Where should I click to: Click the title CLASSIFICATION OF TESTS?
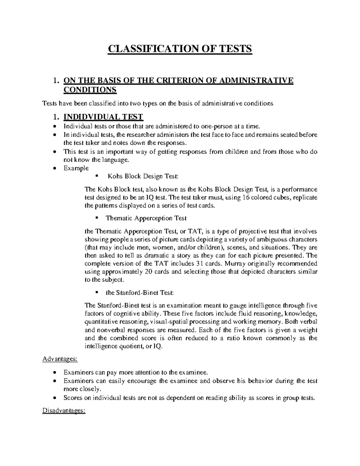pyautogui.click(x=180, y=49)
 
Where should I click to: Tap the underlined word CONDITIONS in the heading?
pyautogui.click(x=90, y=90)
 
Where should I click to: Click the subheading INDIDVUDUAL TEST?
pyautogui.click(x=103, y=117)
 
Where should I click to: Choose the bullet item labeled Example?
pyautogui.click(x=76, y=168)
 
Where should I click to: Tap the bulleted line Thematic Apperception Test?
pyautogui.click(x=146, y=218)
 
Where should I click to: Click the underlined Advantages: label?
pyautogui.click(x=60, y=359)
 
